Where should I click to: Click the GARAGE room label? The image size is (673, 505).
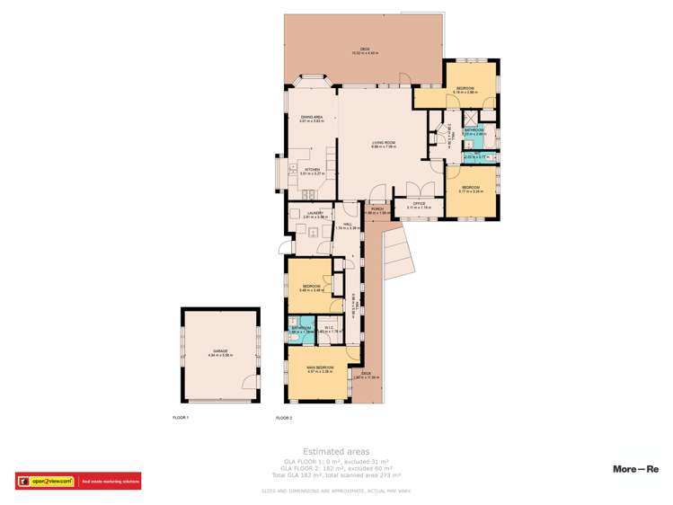tap(220, 351)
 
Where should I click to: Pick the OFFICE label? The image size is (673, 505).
tap(419, 204)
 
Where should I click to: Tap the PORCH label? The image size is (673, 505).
tap(378, 209)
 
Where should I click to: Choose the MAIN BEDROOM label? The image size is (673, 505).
tap(320, 368)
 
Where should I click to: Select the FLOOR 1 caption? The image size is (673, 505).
tap(181, 418)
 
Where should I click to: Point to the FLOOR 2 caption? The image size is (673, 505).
tap(284, 418)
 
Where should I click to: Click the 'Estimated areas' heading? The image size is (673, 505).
tap(335, 451)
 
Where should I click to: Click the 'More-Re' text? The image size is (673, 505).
tap(635, 469)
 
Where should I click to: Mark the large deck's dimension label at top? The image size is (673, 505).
tap(365, 52)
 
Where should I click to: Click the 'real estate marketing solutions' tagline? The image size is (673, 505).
tap(111, 482)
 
